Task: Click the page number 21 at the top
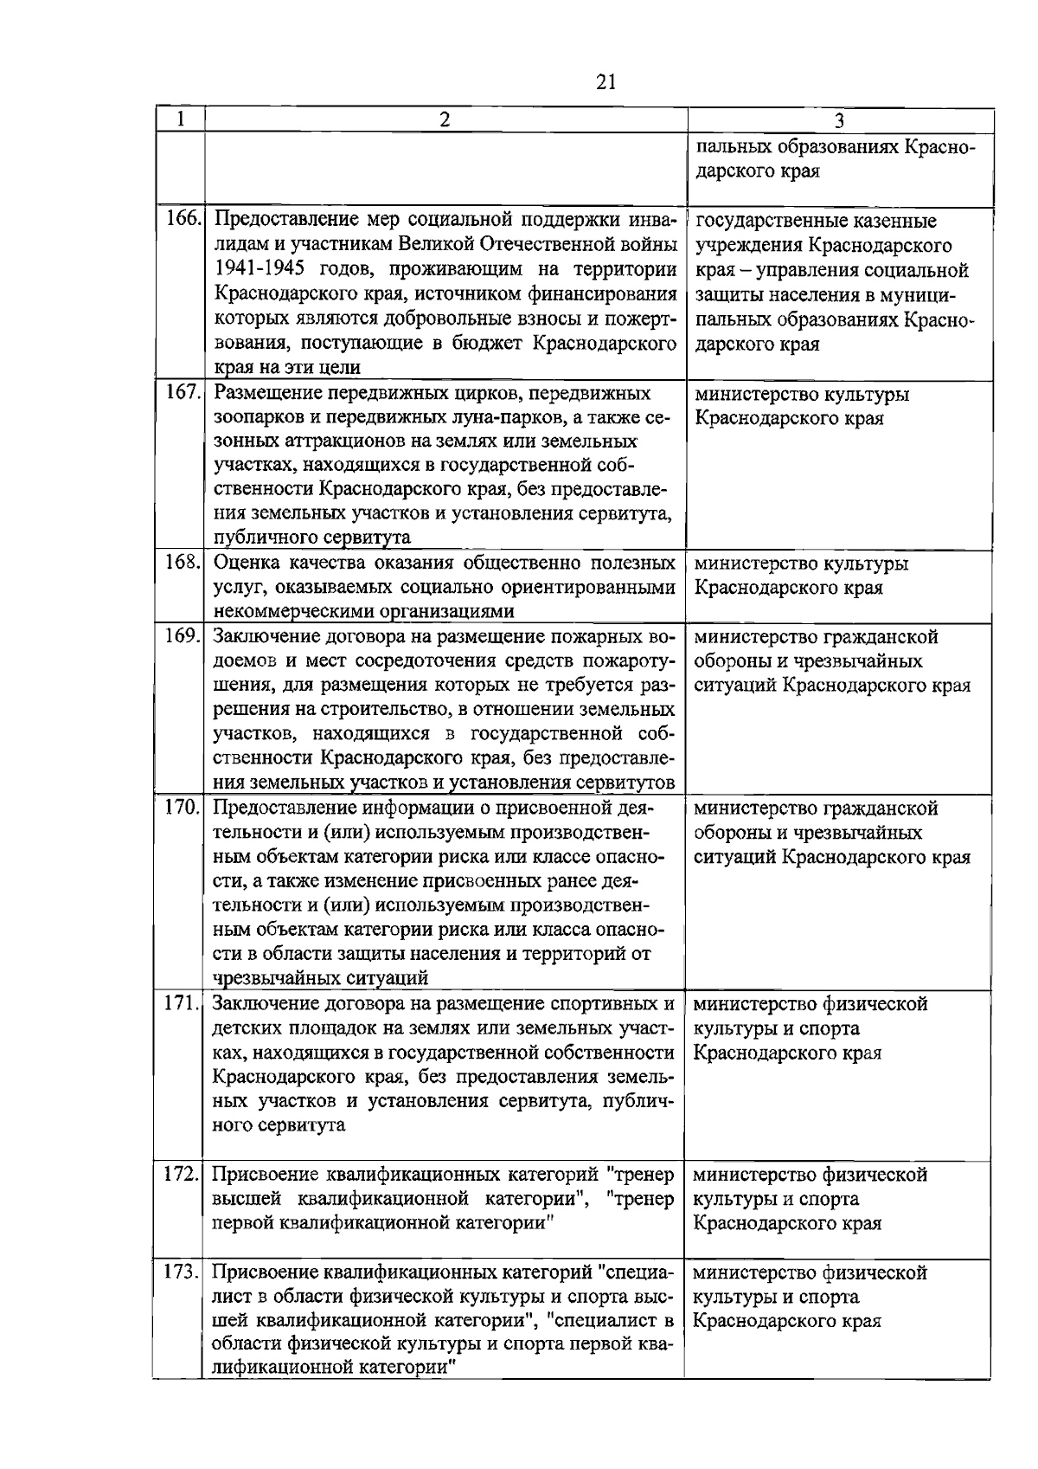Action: (x=605, y=81)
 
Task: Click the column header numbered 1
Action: (x=180, y=119)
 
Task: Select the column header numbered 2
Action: (x=444, y=119)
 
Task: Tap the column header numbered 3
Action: (x=839, y=120)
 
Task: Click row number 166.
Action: (x=183, y=221)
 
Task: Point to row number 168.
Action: (x=183, y=564)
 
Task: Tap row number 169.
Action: (x=183, y=637)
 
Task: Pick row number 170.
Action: (x=183, y=809)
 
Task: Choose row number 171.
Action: (x=183, y=1004)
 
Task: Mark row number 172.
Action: (x=183, y=1175)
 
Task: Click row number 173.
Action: (x=183, y=1272)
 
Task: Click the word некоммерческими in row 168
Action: (x=290, y=612)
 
